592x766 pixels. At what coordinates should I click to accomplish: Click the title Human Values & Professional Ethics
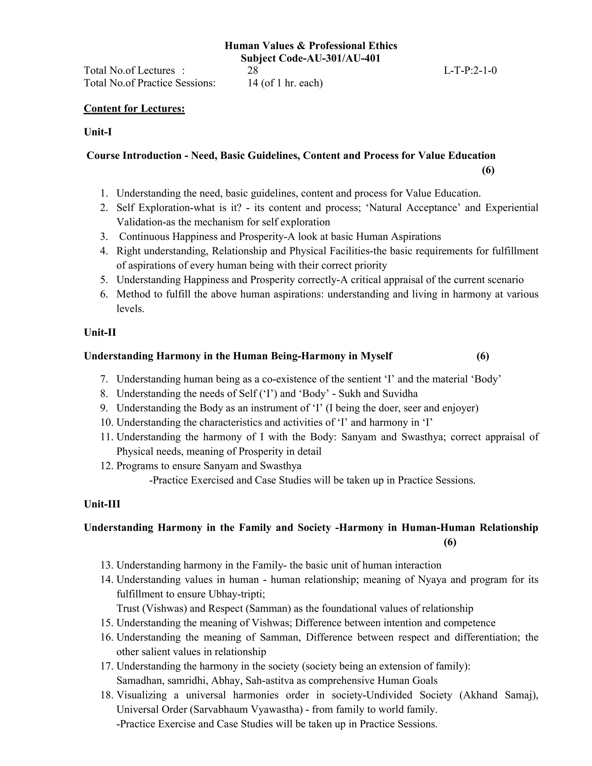(x=311, y=46)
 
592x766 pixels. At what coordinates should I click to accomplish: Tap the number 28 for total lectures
(x=253, y=71)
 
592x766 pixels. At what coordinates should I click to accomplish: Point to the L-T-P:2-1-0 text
(x=470, y=71)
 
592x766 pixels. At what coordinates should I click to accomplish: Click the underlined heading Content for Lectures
(x=134, y=108)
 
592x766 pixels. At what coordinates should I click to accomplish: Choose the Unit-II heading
(x=100, y=332)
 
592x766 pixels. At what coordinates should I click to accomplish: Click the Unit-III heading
(x=102, y=504)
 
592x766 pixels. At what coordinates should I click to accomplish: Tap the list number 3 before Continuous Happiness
(x=104, y=236)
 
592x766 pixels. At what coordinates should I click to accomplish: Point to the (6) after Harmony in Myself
(x=482, y=356)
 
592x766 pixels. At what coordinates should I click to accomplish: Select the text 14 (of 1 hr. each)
(x=285, y=83)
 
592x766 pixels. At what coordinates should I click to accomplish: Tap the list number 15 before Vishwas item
(x=107, y=623)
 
